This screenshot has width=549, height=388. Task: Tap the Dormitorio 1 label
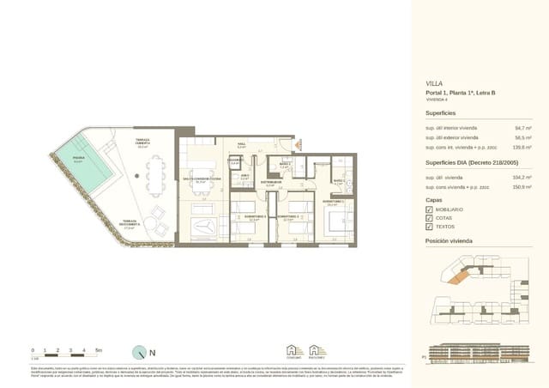point(335,203)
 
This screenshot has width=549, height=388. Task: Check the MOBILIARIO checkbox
point(429,209)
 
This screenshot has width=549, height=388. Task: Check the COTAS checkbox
point(429,219)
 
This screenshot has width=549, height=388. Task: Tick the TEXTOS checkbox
point(429,228)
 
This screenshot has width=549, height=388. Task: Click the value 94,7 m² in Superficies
point(522,127)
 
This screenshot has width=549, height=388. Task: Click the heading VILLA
point(435,84)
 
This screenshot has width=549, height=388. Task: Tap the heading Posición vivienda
point(449,243)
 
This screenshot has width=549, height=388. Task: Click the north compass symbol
point(141,352)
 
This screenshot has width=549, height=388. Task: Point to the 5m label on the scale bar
point(99,350)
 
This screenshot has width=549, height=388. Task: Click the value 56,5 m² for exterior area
point(522,136)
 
